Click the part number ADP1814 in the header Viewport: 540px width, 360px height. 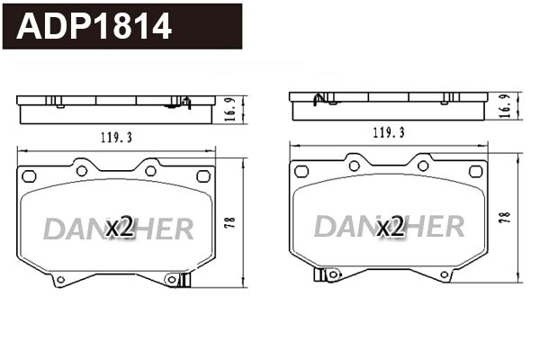[x=94, y=26]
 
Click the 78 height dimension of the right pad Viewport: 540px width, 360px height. [x=505, y=217]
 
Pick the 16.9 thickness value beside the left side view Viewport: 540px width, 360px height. [x=229, y=110]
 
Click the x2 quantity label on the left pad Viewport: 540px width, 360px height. [x=119, y=228]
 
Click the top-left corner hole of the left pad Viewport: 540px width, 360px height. [x=28, y=176]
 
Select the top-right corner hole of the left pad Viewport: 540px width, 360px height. [x=203, y=176]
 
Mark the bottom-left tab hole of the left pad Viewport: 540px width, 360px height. [x=60, y=279]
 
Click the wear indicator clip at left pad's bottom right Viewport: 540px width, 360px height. [x=184, y=280]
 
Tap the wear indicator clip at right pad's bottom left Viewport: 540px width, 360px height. [x=320, y=274]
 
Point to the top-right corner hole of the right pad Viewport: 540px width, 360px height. [x=476, y=171]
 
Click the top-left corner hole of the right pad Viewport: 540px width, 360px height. [x=301, y=171]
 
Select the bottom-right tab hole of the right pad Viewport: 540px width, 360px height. [x=444, y=274]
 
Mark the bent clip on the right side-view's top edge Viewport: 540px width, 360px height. [x=318, y=96]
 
